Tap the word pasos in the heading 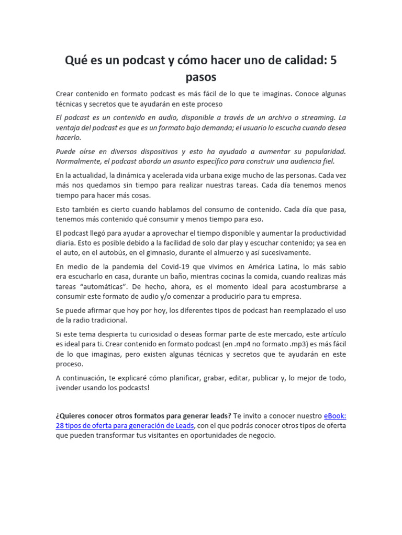coord(201,77)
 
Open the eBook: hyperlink coord(335,415)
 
